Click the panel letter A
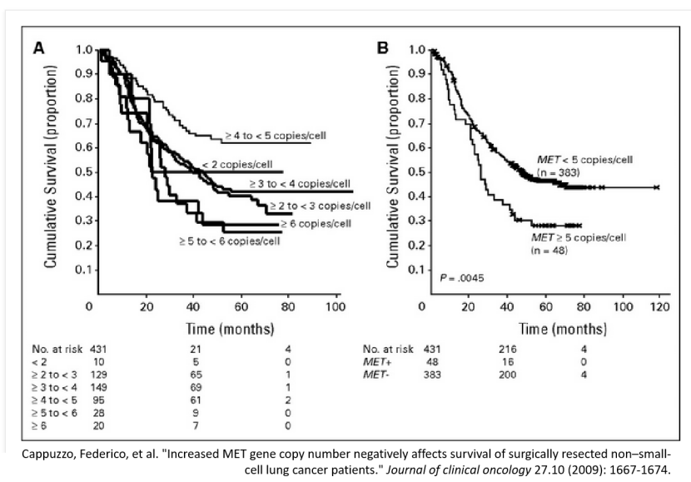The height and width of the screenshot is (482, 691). point(38,48)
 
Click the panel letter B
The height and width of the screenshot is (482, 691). point(383,48)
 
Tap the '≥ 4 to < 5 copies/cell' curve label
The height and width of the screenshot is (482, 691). point(266,133)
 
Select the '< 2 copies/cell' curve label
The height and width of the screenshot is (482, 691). point(236,164)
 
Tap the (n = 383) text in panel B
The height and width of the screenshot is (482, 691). point(557,172)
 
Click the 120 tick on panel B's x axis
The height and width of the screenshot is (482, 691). point(659,306)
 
